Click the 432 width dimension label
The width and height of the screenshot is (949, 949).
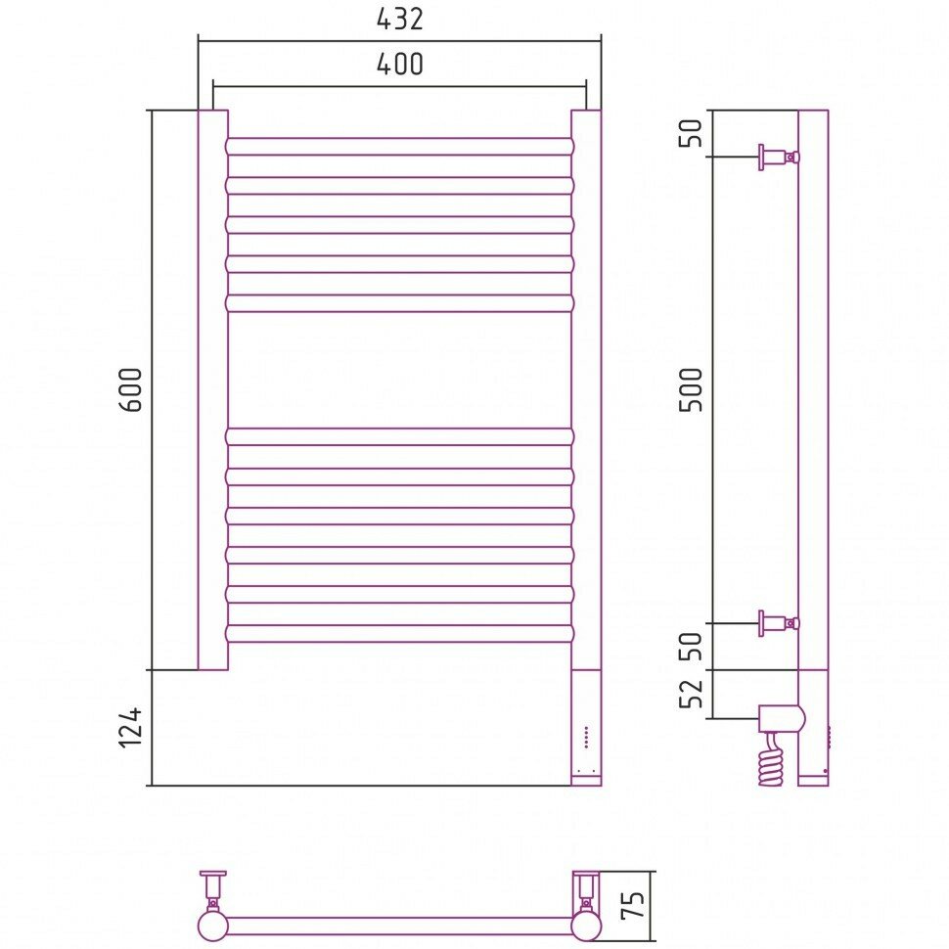399,19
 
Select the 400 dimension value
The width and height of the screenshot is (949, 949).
399,65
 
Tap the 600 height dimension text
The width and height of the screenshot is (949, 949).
134,388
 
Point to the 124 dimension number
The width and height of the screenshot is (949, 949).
134,728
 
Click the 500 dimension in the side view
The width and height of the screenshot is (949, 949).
693,388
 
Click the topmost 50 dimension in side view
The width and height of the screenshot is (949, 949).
693,133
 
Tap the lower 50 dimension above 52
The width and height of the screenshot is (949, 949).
693,646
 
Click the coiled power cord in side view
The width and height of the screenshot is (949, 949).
772,760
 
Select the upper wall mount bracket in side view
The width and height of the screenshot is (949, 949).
777,157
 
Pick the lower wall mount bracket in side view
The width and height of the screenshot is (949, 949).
777,622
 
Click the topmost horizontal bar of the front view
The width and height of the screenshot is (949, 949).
399,146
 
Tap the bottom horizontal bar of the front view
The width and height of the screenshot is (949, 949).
399,633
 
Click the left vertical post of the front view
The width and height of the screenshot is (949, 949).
213,389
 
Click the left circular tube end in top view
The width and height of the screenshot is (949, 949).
212,925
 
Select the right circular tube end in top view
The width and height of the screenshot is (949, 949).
586,925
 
